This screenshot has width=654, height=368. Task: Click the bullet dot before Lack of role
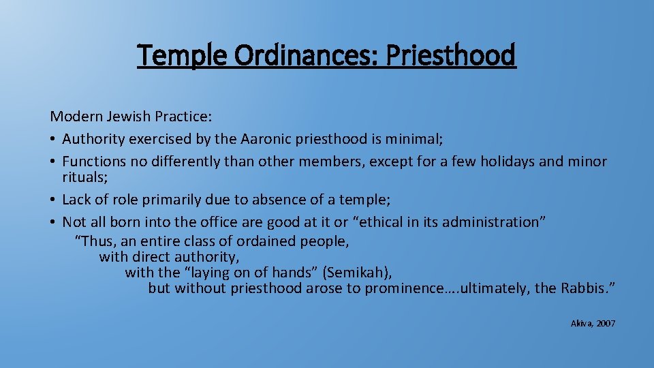click(53, 200)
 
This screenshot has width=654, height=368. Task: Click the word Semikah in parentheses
click(356, 273)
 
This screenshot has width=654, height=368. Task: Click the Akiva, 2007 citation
click(593, 323)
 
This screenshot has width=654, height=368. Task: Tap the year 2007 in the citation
click(605, 323)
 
